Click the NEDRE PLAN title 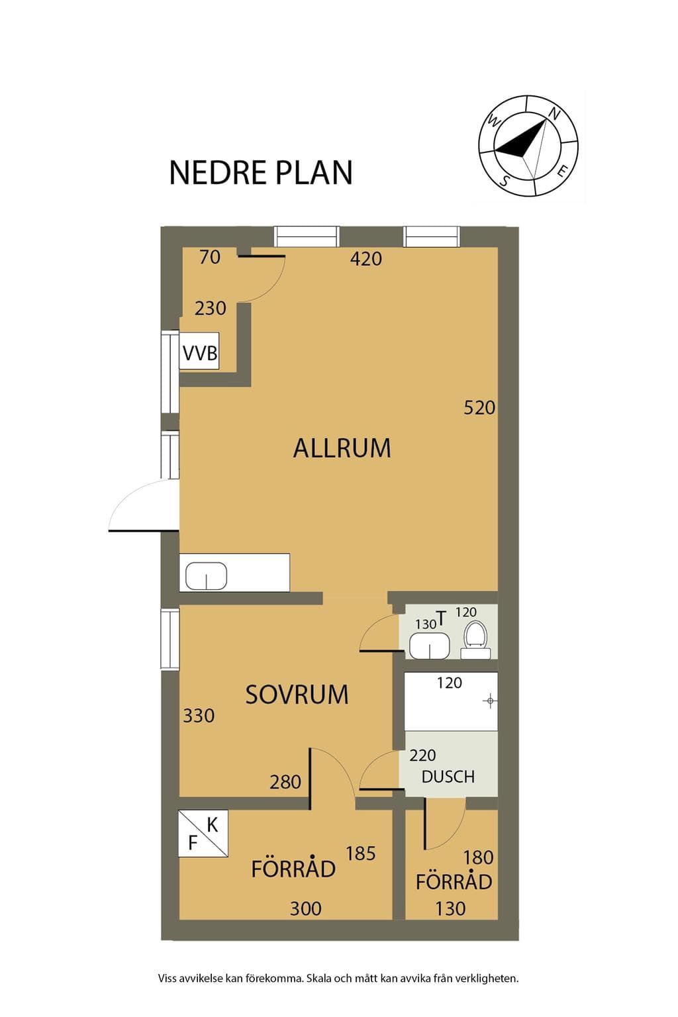point(261,173)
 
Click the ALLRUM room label point(342,448)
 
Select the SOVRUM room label point(297,695)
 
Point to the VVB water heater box point(199,352)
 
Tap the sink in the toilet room point(429,645)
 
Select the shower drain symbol point(490,701)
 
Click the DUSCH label point(448,777)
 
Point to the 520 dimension point(479,408)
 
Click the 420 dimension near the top point(366,259)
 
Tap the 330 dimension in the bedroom point(199,716)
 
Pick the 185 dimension point(361,853)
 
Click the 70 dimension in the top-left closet point(210,258)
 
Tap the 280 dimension point(285,782)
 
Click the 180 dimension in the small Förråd point(478,857)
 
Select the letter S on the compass point(504,180)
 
